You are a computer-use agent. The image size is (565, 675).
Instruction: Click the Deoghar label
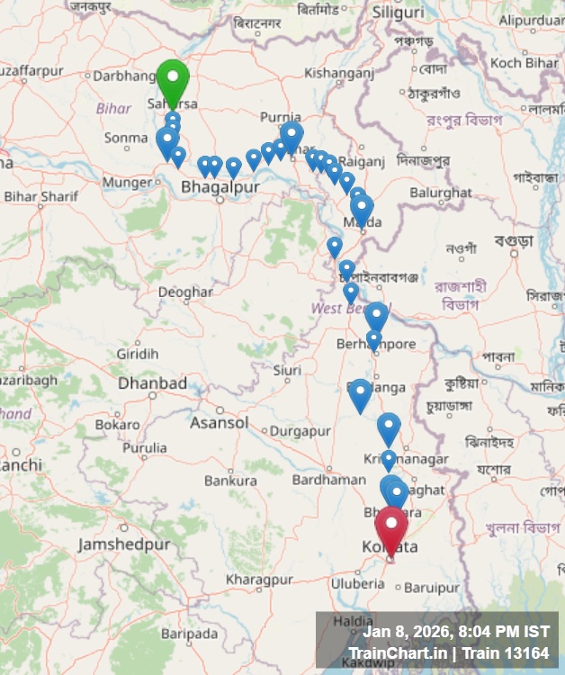coord(185,292)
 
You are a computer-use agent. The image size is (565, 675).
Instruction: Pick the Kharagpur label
coord(259,580)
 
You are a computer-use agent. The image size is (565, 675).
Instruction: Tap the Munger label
coord(128,182)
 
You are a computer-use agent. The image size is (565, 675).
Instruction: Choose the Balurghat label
coord(440,193)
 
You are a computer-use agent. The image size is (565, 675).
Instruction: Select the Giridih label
coord(137,354)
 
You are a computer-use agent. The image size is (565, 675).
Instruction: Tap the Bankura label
coord(230,481)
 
